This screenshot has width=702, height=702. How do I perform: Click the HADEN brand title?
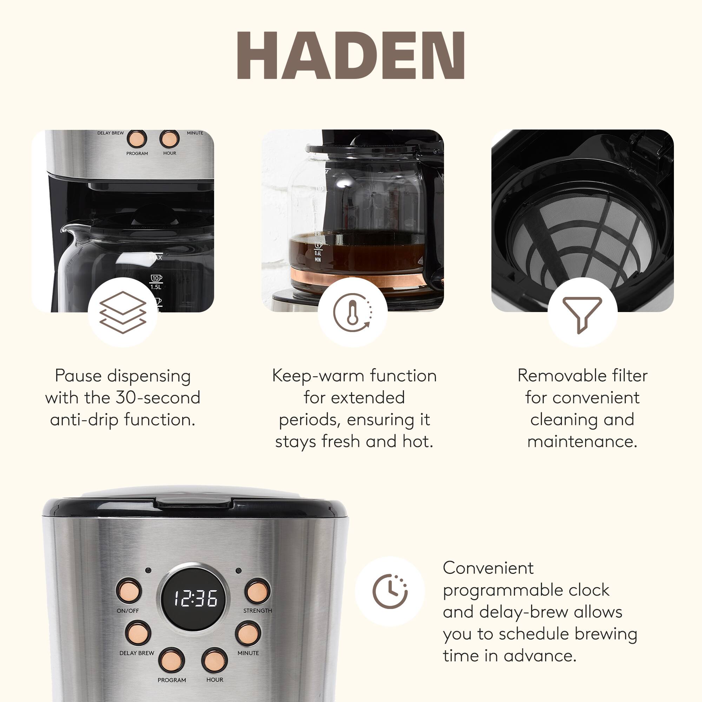click(x=351, y=55)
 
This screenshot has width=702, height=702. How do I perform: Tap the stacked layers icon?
click(x=123, y=312)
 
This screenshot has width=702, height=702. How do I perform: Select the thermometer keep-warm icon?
click(x=352, y=312)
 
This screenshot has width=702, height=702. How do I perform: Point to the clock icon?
click(x=390, y=591)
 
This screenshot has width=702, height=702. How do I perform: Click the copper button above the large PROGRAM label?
click(x=172, y=660)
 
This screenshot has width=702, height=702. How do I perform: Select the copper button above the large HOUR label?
click(x=214, y=660)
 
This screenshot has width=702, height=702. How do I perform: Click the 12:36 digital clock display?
click(x=195, y=598)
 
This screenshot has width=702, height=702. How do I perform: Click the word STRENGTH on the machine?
click(x=257, y=610)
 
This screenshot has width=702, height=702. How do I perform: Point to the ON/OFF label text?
click(x=127, y=610)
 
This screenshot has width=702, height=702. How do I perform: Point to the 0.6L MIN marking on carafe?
click(x=318, y=256)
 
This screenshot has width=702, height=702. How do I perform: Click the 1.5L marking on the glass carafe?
click(x=155, y=287)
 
